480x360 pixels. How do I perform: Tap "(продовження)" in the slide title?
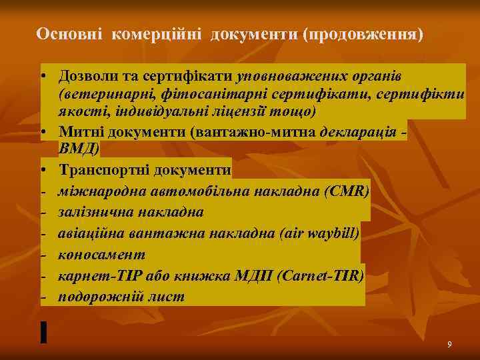[x=363, y=33]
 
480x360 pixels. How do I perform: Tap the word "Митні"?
[x=80, y=131]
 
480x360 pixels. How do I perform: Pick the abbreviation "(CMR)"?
[x=345, y=191]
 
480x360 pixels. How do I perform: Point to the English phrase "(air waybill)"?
[x=319, y=233]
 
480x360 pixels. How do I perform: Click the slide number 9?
[x=449, y=344]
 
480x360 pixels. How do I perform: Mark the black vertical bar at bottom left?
[x=43, y=331]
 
